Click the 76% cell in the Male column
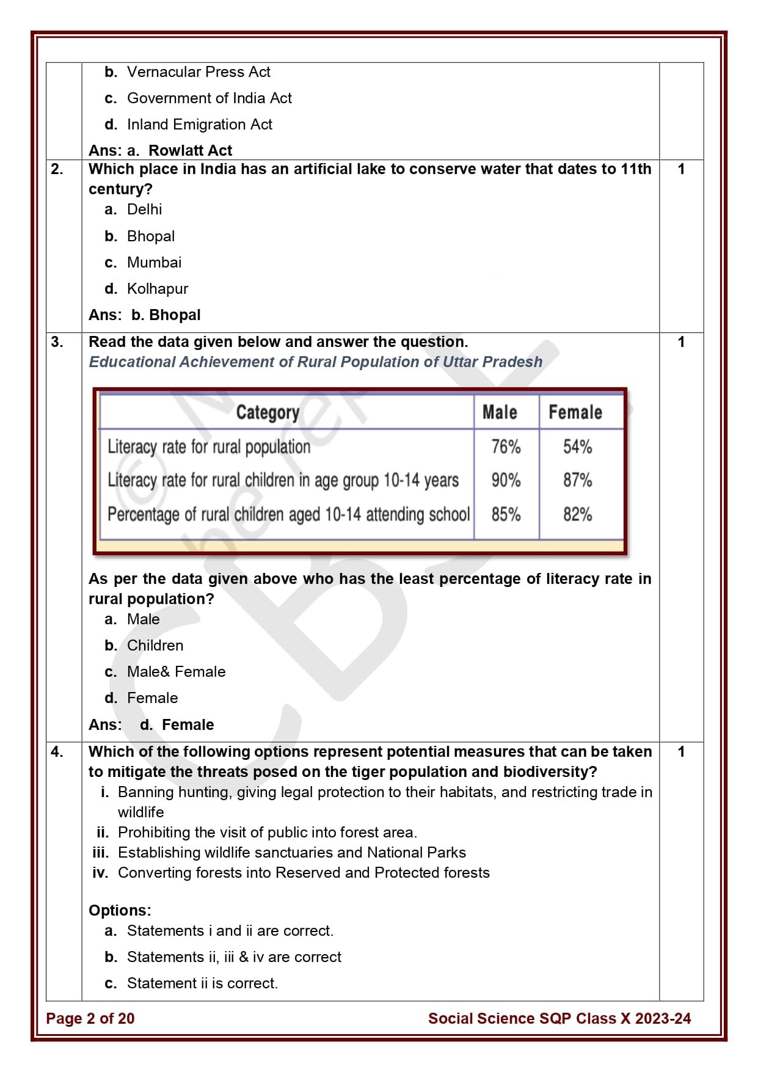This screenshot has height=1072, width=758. point(506,447)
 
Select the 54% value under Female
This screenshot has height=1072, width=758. point(577,447)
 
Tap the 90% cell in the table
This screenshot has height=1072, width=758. point(506,481)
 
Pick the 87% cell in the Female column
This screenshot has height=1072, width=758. point(577,481)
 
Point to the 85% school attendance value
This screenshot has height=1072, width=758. point(506,514)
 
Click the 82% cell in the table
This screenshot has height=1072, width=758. point(577,514)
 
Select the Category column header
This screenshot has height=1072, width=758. point(268,413)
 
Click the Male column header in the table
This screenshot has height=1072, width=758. point(500,413)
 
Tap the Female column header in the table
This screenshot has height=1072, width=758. point(575,413)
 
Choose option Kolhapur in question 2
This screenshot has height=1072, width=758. point(157,289)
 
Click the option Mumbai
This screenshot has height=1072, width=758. point(154,263)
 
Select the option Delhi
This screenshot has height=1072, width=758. point(144,210)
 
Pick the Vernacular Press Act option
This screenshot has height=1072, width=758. point(198,72)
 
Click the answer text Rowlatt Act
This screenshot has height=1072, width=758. point(190,151)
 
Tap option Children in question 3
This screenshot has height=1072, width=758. point(155,646)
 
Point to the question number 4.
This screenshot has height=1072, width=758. point(57,752)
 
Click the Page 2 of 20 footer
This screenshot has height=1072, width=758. point(90,1018)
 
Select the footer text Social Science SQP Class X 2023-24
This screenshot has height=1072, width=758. point(559,1018)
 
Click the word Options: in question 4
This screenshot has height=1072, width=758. point(120,910)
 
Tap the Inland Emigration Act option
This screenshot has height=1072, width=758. point(199,125)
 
